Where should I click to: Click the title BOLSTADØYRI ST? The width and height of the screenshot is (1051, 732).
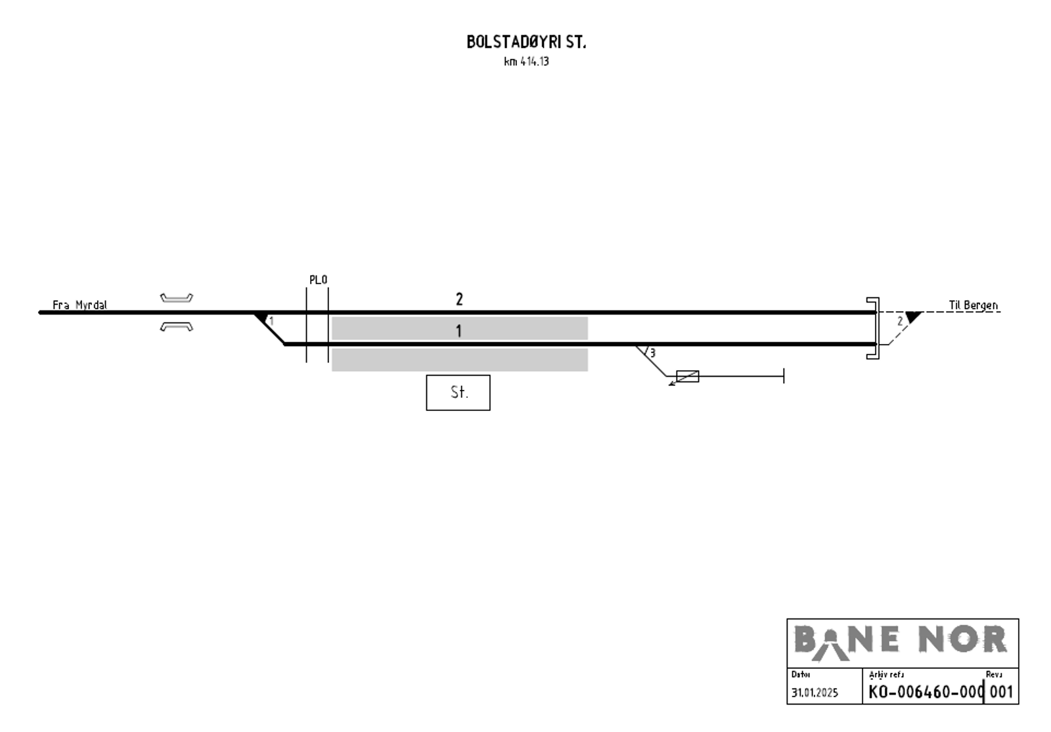[526, 42]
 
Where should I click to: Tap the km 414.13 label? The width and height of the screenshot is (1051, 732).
[526, 62]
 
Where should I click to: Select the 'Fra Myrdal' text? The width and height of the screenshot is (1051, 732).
[79, 305]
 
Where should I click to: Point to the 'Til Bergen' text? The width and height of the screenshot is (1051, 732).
[973, 305]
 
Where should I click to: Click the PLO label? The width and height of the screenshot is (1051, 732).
[318, 280]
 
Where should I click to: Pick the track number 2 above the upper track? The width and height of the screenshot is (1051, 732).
[459, 299]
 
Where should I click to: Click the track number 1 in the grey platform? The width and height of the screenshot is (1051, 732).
[459, 331]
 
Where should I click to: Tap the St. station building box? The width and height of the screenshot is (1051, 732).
[458, 393]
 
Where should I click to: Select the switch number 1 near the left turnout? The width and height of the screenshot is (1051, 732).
[271, 321]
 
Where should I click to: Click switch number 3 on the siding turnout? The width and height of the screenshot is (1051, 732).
[652, 353]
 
